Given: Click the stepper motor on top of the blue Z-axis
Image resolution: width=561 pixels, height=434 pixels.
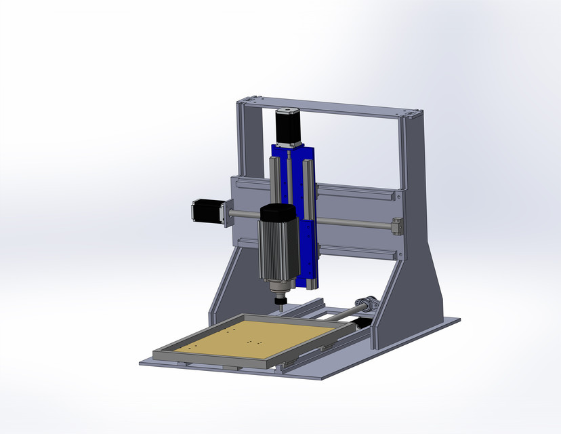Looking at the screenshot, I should tap(287, 126).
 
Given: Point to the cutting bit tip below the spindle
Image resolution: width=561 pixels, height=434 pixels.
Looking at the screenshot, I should tap(278, 309).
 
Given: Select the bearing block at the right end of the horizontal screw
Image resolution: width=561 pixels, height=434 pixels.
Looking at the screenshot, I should tap(396, 226).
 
